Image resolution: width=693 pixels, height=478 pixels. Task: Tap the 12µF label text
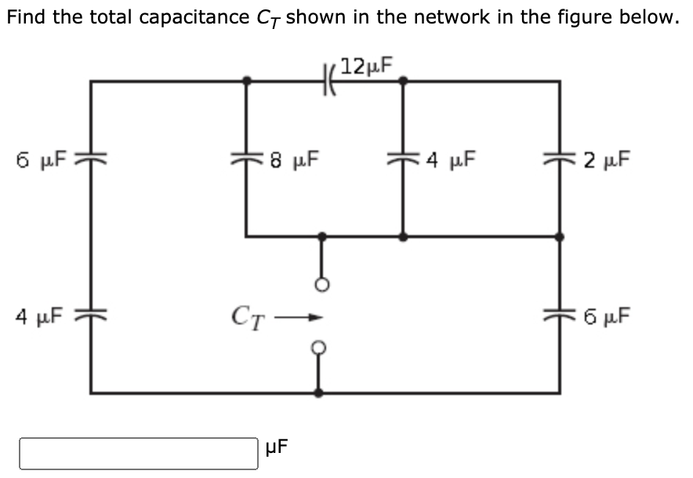click(x=366, y=66)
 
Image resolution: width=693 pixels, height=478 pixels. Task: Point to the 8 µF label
click(x=294, y=160)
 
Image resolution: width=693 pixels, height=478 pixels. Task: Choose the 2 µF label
click(x=607, y=160)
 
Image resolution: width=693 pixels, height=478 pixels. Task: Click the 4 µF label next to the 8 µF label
click(x=450, y=160)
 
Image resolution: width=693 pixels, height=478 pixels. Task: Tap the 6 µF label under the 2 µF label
click(x=607, y=317)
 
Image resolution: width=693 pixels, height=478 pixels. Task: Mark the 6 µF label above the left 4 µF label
click(x=41, y=160)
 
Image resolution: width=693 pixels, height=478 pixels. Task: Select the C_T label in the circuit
click(x=249, y=318)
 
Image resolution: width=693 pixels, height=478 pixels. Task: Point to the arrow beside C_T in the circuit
click(x=299, y=317)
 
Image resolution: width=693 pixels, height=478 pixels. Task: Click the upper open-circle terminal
click(x=321, y=285)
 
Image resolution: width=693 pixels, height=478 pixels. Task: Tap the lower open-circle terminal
click(x=319, y=348)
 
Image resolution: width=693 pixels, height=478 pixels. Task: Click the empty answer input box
click(x=138, y=453)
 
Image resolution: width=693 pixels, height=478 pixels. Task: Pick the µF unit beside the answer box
click(x=276, y=447)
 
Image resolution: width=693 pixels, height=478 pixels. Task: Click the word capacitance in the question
click(x=194, y=17)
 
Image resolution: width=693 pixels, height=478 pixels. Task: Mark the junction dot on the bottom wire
click(x=318, y=393)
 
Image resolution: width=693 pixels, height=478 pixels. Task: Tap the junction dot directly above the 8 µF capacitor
click(x=247, y=81)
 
